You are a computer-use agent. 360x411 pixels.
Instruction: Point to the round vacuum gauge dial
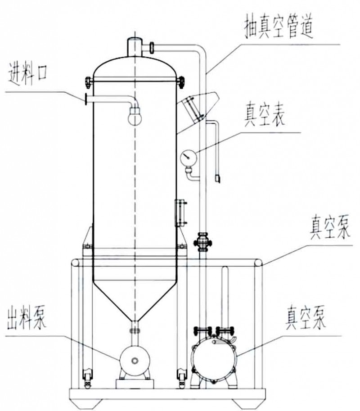pos(187,158)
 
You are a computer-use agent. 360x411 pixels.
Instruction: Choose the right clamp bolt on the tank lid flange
pos(181,82)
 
